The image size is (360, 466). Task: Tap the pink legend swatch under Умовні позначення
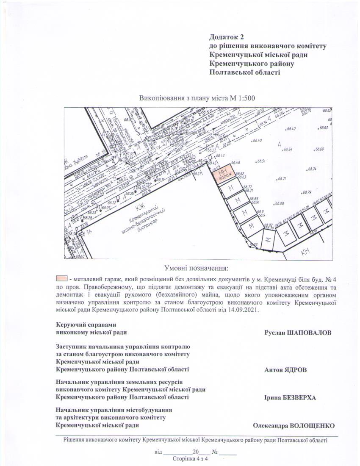point(62,279)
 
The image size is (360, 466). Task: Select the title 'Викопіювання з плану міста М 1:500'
point(197,98)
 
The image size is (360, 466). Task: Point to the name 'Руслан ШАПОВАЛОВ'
point(298,333)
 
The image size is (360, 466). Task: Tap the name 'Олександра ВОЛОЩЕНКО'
point(294,425)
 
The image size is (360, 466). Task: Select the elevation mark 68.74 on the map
point(313,169)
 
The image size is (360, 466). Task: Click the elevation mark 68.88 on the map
point(280,203)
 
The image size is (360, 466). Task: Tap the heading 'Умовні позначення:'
point(196,268)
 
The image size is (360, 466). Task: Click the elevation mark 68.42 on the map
point(291,129)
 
